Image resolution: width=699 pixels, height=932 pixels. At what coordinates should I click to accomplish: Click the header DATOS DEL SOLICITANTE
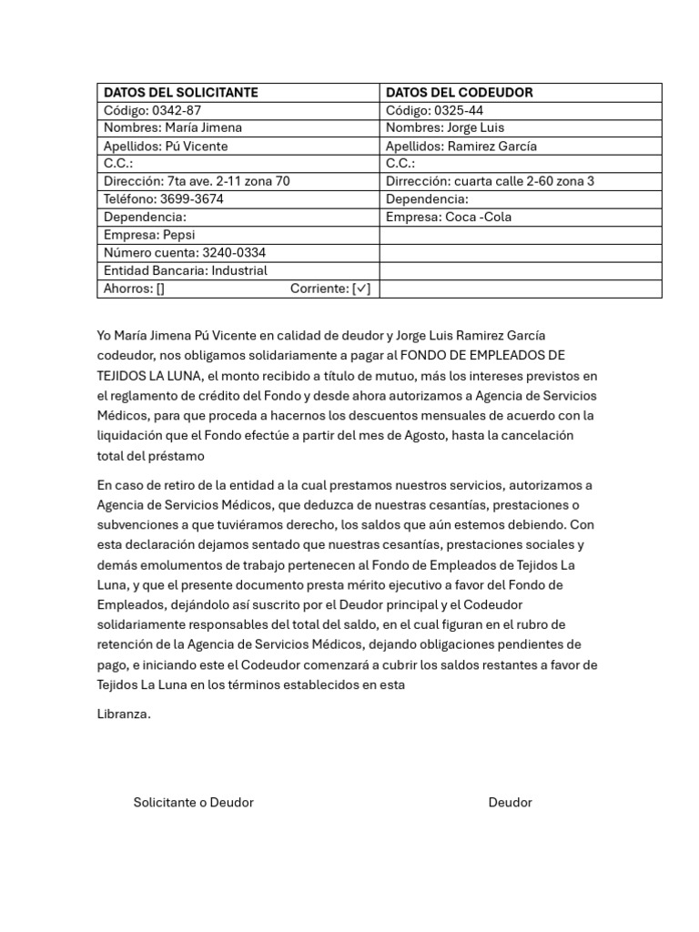pyautogui.click(x=181, y=92)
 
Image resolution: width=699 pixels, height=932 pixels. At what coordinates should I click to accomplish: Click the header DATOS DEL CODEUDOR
pyautogui.click(x=460, y=92)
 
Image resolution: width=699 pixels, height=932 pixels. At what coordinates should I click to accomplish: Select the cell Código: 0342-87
pyautogui.click(x=153, y=110)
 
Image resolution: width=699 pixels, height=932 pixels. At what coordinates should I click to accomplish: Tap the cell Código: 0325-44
pyautogui.click(x=434, y=110)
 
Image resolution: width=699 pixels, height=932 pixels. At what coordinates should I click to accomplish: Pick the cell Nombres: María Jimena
pyautogui.click(x=173, y=127)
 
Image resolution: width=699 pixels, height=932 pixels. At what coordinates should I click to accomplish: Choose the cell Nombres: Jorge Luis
pyautogui.click(x=444, y=127)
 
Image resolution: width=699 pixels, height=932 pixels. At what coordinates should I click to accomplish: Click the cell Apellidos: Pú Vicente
pyautogui.click(x=166, y=146)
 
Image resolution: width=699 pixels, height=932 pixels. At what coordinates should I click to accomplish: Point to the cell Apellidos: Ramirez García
pyautogui.click(x=461, y=146)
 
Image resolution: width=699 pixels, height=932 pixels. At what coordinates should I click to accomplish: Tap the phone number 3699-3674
pyautogui.click(x=191, y=198)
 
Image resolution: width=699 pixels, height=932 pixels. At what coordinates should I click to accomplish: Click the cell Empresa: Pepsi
pyautogui.click(x=149, y=234)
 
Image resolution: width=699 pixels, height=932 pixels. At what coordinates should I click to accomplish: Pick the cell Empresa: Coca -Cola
pyautogui.click(x=449, y=217)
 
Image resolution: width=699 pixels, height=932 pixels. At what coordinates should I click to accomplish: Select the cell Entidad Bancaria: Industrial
pyautogui.click(x=186, y=270)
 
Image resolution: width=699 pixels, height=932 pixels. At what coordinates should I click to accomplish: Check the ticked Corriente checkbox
pyautogui.click(x=361, y=289)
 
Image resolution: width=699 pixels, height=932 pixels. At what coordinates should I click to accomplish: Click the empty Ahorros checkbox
pyautogui.click(x=160, y=289)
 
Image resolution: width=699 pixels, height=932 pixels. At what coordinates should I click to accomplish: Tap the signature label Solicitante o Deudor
pyautogui.click(x=193, y=802)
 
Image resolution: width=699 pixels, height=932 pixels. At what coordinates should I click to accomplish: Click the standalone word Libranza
pyautogui.click(x=124, y=714)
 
